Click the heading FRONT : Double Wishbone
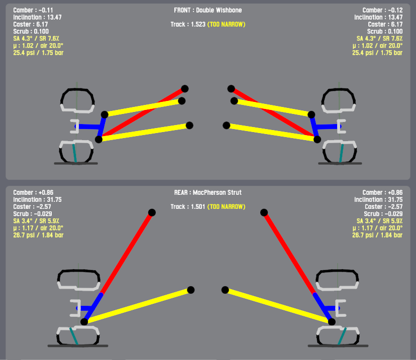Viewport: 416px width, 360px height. coord(207,10)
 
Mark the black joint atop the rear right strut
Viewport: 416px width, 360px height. coord(264,212)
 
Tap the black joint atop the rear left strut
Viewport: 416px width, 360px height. coord(152,212)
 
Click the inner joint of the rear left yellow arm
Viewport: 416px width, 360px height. coord(191,290)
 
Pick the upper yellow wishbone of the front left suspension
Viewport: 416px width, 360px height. coord(143,107)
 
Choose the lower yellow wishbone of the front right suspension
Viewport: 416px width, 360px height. coord(271,132)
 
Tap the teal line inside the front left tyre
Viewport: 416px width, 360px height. coord(74,153)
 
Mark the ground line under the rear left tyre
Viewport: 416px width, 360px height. coord(78,345)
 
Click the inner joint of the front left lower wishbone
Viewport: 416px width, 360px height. coord(189,126)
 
